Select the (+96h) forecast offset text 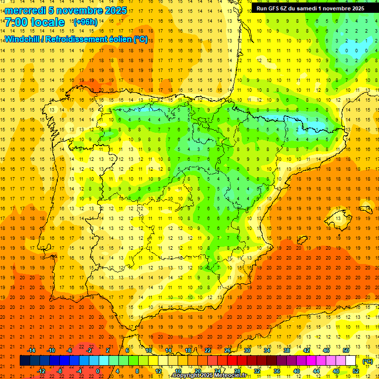coord(85,22)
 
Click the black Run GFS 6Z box coord(310,8)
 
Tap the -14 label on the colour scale coord(32,350)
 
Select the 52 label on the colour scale coord(356,371)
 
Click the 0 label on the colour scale coord(98,371)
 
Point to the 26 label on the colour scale coord(227,350)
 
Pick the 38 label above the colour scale coord(287,350)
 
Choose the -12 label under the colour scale coord(41,371)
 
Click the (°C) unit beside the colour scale coord(367,361)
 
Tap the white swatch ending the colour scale coord(350,361)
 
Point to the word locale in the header coord(48,22)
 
